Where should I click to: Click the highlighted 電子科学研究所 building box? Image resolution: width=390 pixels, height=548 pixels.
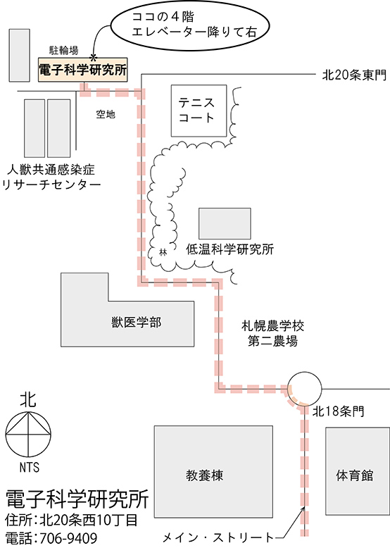pos(83,70)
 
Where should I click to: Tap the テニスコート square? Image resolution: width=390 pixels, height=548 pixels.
pos(199,111)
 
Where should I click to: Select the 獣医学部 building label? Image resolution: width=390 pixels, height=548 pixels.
pos(137,322)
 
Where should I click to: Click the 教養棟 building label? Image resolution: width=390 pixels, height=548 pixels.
pos(204,475)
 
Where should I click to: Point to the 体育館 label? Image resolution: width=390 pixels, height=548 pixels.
pos(355,475)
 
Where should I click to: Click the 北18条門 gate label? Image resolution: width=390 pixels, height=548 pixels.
pos(339,411)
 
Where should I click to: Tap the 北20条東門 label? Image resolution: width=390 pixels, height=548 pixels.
pos(354,75)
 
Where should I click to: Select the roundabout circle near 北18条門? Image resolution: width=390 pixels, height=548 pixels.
pos(304,388)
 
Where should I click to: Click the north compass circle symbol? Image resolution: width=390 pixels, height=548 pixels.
pos(28,434)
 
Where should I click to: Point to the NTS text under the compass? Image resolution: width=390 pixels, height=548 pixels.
pos(30,467)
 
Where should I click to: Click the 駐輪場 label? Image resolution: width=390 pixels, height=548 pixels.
pos(63,51)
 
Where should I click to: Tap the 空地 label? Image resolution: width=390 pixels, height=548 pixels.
pos(106,114)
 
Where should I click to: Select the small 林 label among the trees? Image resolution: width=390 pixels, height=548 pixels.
pos(163,252)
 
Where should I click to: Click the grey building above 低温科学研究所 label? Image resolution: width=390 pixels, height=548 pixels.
pos(225,224)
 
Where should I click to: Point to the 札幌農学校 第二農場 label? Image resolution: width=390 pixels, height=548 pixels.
pos(272,333)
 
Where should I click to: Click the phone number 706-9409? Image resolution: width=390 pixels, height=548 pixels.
pos(69,538)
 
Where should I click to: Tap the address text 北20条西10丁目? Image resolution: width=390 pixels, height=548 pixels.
pos(89,521)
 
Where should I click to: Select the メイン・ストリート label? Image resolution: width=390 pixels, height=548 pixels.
pos(218,537)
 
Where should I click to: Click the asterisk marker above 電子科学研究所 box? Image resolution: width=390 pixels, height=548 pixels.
pos(93,57)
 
